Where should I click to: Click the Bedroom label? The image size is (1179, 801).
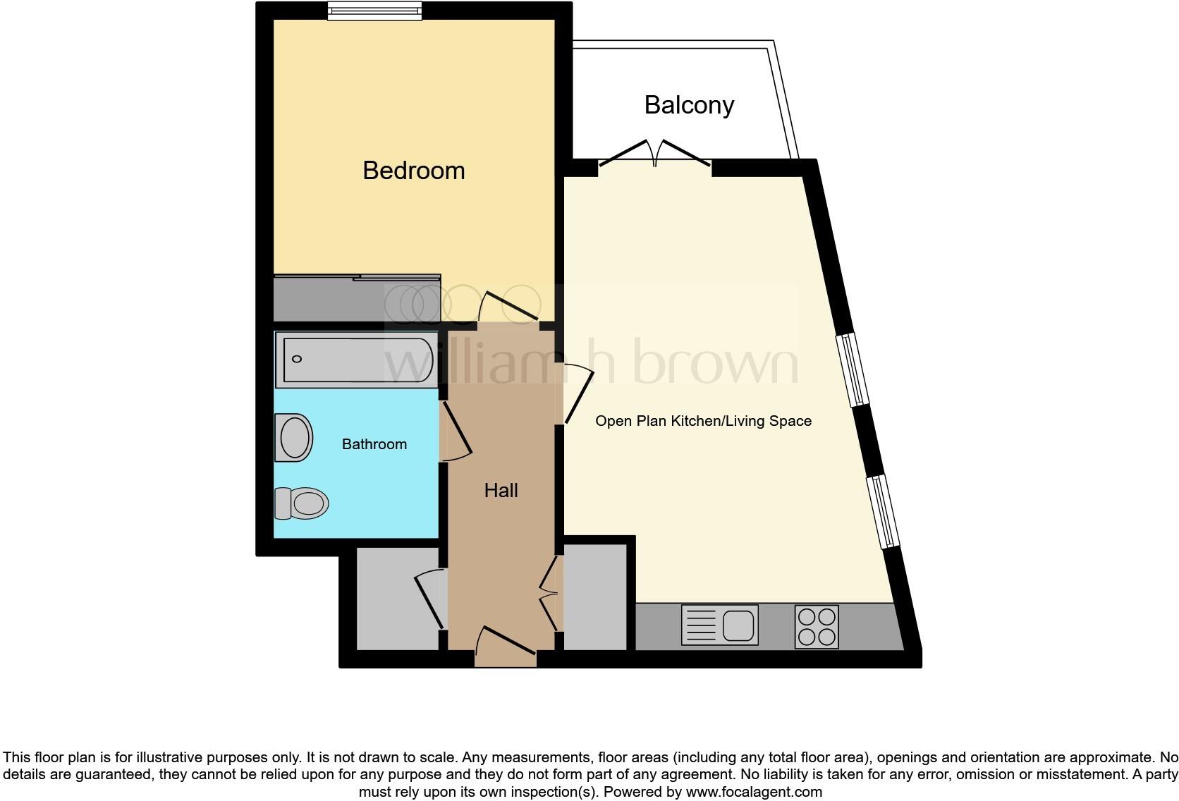coord(413,171)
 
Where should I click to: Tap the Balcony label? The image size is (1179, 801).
coord(689,105)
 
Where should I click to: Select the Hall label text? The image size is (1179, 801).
coord(501,491)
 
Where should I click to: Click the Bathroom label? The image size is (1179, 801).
coord(374,444)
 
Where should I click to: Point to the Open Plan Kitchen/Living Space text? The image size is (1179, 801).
coord(703,421)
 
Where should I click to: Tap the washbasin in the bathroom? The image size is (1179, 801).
coord(294,437)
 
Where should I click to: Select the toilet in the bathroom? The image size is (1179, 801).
coord(302,503)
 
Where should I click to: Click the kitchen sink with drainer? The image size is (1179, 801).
coord(719,625)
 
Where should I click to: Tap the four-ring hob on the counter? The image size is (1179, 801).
coord(817,626)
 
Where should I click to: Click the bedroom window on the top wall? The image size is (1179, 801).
coord(374,11)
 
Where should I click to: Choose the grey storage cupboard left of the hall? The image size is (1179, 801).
coord(397,598)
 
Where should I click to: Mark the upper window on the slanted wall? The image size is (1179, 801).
coord(852,369)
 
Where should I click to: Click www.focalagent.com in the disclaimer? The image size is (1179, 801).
coord(754,792)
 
